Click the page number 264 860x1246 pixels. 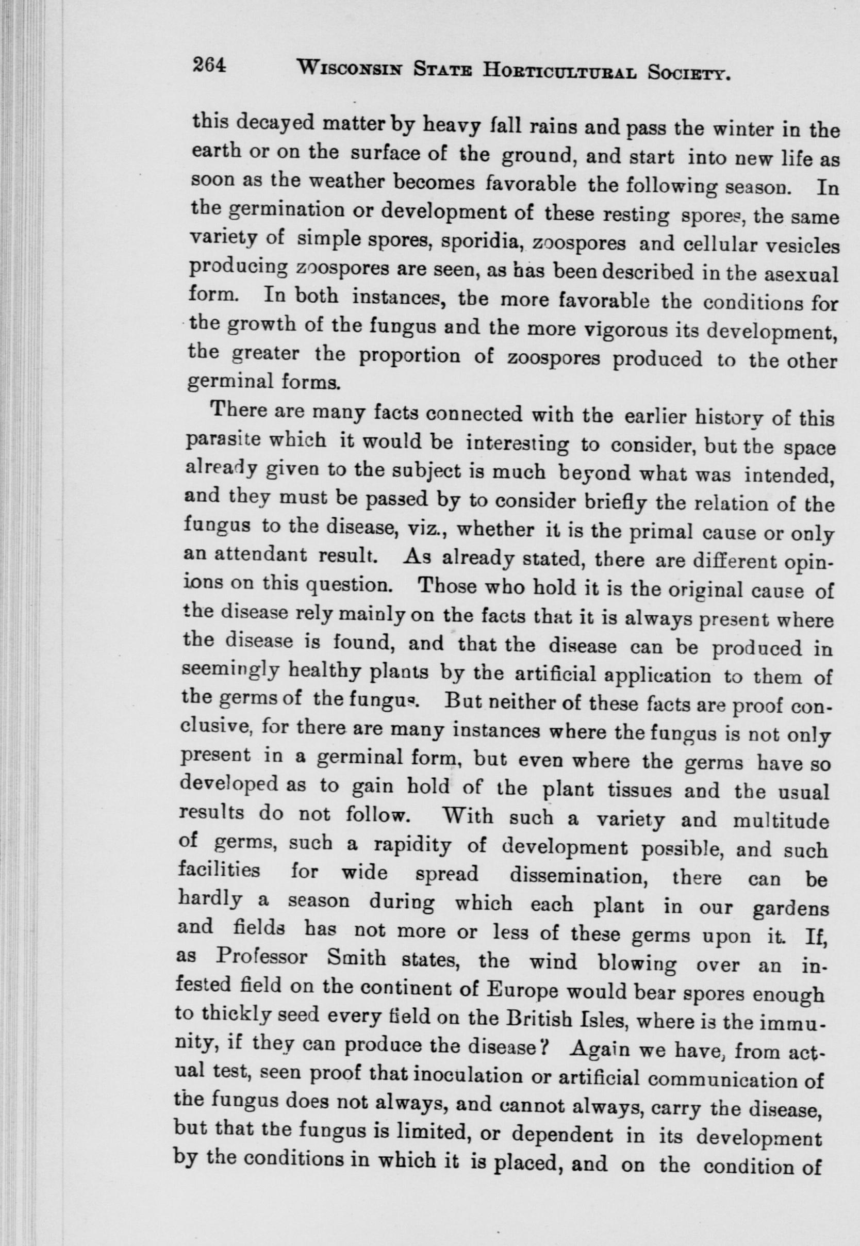click(208, 67)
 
